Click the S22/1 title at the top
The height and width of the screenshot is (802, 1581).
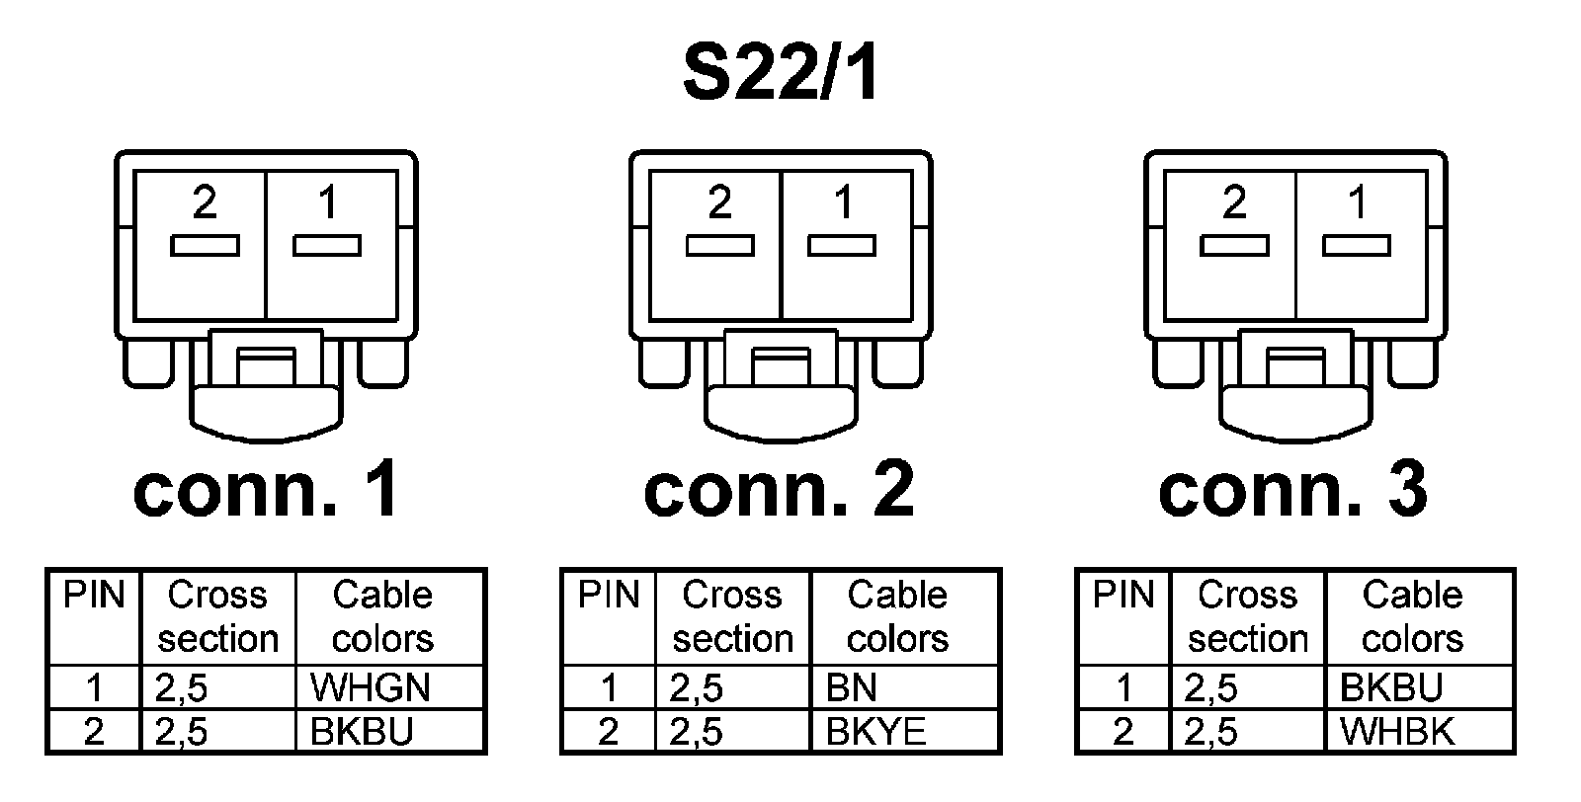[781, 74]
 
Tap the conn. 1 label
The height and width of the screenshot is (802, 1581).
[266, 491]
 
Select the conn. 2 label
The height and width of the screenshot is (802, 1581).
[780, 491]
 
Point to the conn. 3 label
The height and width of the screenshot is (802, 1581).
[1293, 491]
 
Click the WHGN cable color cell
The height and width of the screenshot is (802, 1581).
[370, 687]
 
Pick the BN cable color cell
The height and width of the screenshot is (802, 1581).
[852, 687]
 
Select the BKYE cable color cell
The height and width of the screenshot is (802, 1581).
[876, 732]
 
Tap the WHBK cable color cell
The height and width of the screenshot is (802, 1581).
[1397, 732]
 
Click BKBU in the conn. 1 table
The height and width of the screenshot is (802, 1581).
[362, 732]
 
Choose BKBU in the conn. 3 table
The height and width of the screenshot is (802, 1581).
[1391, 687]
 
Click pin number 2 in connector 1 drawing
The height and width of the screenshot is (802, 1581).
[205, 202]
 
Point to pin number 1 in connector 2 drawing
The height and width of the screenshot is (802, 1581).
[843, 202]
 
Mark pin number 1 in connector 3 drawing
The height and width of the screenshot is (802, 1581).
[1358, 202]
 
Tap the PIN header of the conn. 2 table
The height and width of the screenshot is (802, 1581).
[609, 596]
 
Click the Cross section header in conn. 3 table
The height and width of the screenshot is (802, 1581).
[1247, 616]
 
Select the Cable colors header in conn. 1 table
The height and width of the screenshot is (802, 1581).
[382, 616]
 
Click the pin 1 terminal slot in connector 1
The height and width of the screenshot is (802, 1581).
[327, 246]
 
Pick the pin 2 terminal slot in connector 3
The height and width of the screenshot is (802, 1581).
[1234, 246]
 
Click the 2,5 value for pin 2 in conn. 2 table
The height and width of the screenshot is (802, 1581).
[696, 732]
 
